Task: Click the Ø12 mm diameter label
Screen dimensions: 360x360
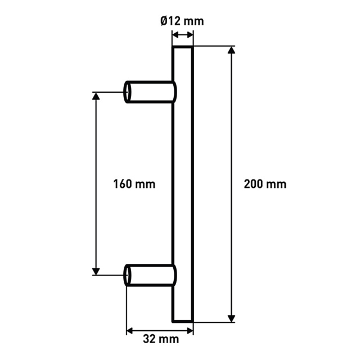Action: coord(182,21)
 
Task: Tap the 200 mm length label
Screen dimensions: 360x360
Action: coord(265,184)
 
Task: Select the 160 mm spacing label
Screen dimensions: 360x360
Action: coord(134,184)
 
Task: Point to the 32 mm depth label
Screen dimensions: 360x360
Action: coord(161,339)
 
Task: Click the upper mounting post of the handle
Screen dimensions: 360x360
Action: coord(150,92)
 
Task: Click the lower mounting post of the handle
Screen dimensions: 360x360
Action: coord(150,275)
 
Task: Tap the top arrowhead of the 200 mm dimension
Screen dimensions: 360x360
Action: coord(231,50)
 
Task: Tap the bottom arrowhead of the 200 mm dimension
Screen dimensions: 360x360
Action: coord(231,318)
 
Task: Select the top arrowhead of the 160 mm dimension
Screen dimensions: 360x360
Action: coord(96,96)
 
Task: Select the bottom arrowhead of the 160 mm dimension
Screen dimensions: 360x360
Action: coord(96,271)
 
